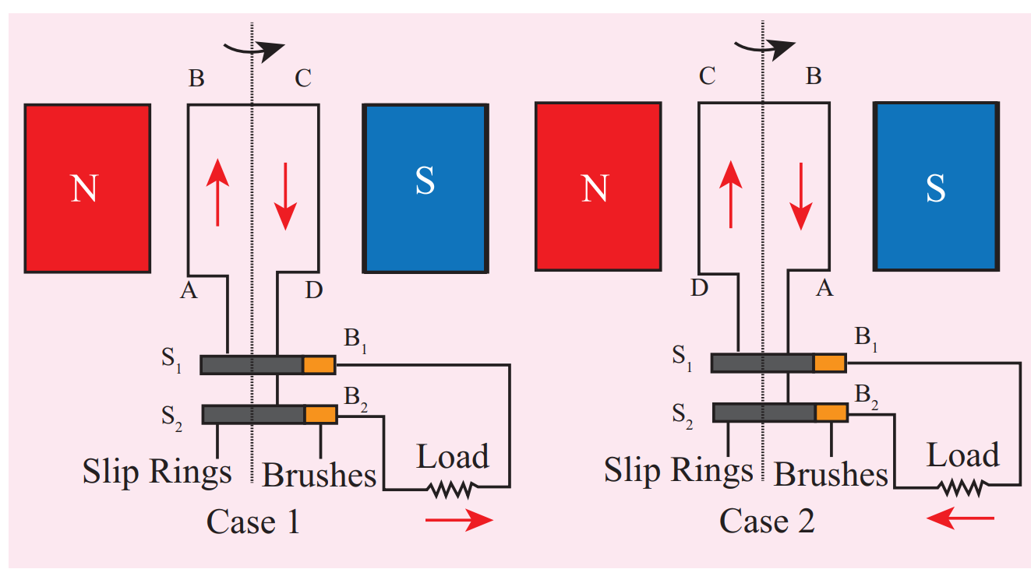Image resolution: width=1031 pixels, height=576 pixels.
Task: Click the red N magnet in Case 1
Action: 87,188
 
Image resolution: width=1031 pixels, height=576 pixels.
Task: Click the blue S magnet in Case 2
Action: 935,187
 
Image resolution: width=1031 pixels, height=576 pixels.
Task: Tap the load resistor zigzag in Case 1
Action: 450,489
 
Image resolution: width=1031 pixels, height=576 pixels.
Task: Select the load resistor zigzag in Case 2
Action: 962,488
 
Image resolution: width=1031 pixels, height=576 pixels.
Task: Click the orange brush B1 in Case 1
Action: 319,364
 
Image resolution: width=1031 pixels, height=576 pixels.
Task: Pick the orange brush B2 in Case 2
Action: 831,413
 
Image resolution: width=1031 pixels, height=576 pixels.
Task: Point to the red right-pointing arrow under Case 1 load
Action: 459,521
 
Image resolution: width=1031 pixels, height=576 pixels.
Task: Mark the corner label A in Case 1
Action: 187,291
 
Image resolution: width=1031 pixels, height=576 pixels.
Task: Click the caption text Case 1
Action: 252,522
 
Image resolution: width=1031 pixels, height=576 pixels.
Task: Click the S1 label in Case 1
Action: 172,363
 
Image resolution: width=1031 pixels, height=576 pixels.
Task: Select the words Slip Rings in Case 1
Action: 157,472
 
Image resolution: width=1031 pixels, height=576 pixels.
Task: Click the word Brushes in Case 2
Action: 831,474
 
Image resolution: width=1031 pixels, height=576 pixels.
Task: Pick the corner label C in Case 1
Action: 302,78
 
